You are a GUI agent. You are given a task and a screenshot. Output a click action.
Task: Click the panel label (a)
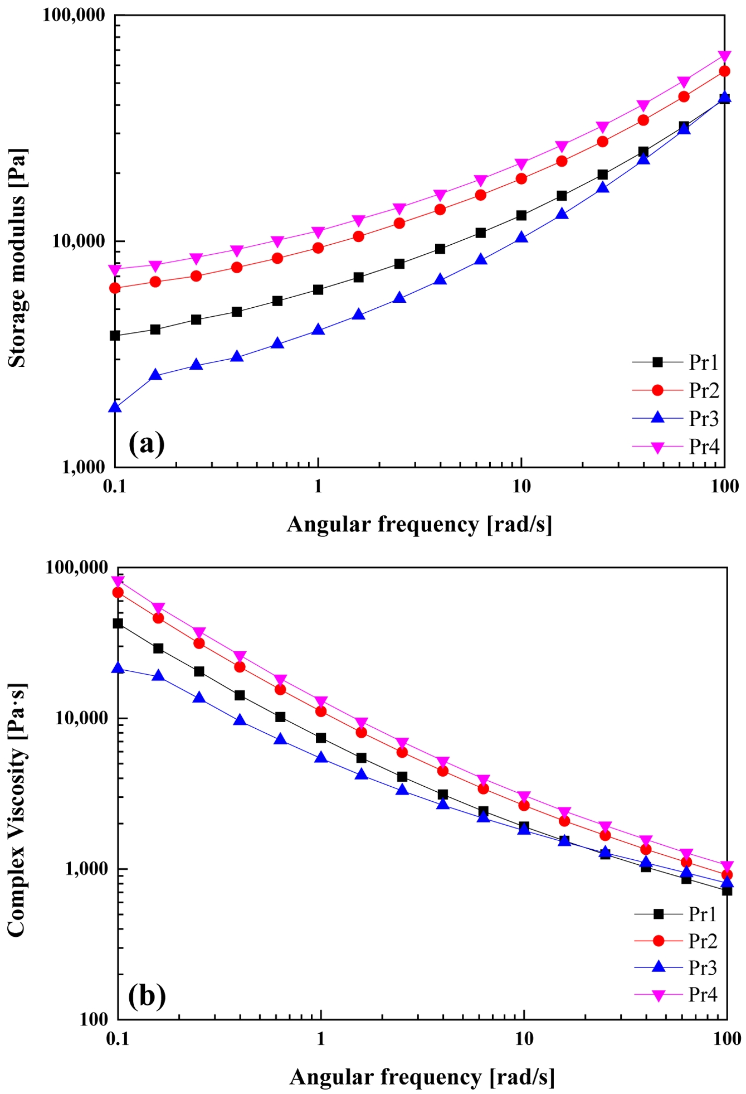tap(147, 444)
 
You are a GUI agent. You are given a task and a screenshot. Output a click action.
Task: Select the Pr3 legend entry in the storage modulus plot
tap(704, 418)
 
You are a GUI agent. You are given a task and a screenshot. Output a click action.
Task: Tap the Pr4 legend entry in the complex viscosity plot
tap(703, 994)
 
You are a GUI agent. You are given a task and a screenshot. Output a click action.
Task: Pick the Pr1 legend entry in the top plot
tap(704, 362)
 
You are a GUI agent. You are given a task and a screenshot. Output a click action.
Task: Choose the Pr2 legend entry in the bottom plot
tap(703, 941)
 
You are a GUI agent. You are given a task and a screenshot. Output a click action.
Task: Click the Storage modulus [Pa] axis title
tap(17, 258)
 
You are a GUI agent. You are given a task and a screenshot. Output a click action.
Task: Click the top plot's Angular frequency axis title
tap(419, 525)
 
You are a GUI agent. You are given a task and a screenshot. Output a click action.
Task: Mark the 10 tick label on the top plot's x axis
tap(521, 486)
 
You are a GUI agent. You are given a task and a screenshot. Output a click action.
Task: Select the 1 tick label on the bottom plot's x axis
tap(321, 1039)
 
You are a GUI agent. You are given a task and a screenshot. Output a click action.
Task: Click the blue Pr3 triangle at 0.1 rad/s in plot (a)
tap(115, 407)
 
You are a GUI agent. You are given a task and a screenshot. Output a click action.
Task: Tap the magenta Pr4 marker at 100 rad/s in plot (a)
tap(724, 56)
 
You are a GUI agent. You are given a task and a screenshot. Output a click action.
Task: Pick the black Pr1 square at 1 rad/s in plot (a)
tap(318, 289)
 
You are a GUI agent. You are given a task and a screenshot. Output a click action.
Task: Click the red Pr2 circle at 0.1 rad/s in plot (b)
tap(118, 592)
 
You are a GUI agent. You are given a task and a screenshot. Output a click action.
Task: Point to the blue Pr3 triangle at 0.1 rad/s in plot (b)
tap(118, 667)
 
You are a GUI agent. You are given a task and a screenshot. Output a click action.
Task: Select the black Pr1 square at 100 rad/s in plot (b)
tap(727, 890)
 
